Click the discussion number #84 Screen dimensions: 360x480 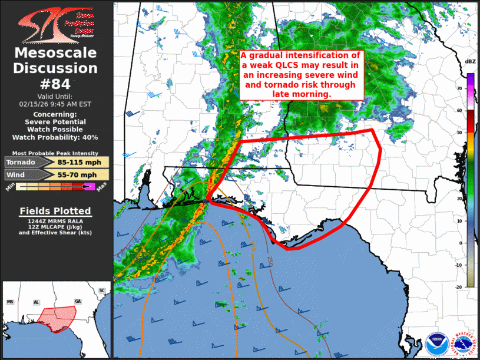[57, 84]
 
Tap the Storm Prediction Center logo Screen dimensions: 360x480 [56, 24]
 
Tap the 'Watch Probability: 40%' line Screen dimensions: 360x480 [57, 137]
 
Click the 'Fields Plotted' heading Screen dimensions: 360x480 [55, 211]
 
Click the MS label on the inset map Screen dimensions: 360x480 [10, 302]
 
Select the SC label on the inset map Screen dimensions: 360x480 [102, 290]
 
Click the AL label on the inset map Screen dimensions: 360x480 [37, 302]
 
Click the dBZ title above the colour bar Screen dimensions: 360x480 [470, 62]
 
